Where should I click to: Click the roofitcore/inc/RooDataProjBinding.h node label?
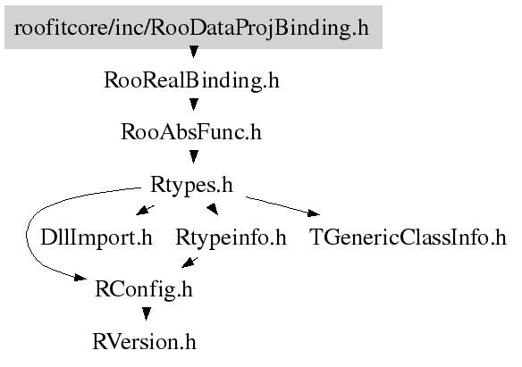pyautogui.click(x=191, y=28)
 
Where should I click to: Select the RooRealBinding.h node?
pyautogui.click(x=192, y=80)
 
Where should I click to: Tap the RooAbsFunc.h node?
pyautogui.click(x=191, y=132)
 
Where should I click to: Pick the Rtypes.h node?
pyautogui.click(x=191, y=185)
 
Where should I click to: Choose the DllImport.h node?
pyautogui.click(x=97, y=238)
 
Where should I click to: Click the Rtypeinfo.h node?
pyautogui.click(x=231, y=238)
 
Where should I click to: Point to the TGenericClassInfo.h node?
pyautogui.click(x=408, y=238)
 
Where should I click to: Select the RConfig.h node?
pyautogui.click(x=144, y=289)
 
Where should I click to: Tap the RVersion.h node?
pyautogui.click(x=144, y=341)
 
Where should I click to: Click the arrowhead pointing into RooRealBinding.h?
pyautogui.click(x=194, y=52)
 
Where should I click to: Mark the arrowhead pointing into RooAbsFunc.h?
pyautogui.click(x=194, y=104)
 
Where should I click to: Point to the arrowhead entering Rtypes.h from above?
pyautogui.click(x=194, y=156)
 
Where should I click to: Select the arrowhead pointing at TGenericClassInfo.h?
pyautogui.click(x=313, y=213)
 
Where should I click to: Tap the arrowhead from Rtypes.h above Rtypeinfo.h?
pyautogui.click(x=214, y=210)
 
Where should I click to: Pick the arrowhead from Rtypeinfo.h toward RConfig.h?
pyautogui.click(x=188, y=263)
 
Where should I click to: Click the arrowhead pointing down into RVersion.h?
pyautogui.click(x=147, y=313)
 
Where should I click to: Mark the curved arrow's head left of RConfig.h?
pyautogui.click(x=80, y=277)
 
